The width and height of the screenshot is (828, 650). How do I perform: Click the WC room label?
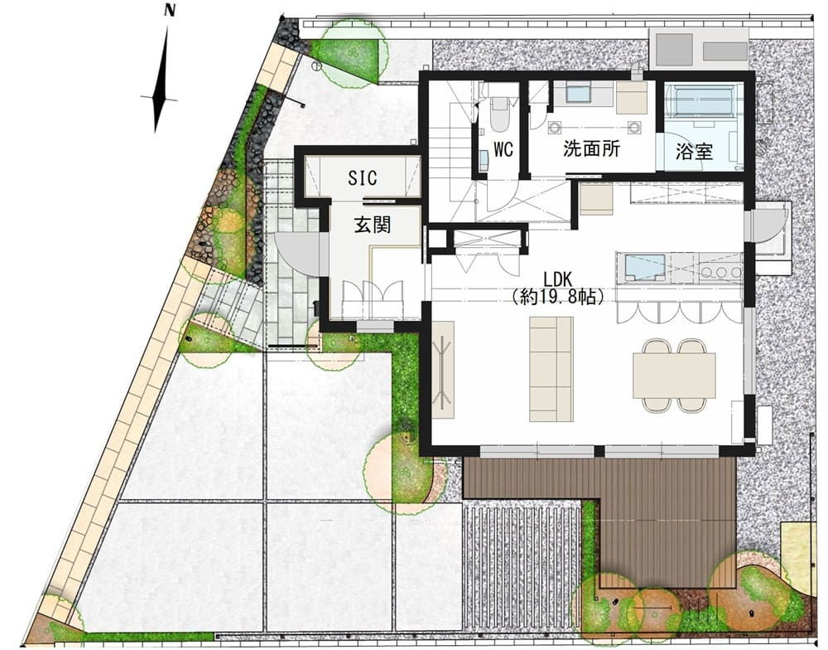point(503,150)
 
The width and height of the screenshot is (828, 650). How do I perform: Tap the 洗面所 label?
point(591,149)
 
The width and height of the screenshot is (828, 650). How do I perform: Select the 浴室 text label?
point(695,153)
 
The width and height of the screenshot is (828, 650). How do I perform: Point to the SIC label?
point(363,177)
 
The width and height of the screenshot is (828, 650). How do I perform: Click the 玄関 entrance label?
point(373,226)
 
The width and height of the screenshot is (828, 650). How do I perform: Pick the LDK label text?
point(557,279)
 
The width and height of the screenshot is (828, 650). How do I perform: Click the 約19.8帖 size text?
point(557,298)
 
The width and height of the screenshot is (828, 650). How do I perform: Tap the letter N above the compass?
point(169,10)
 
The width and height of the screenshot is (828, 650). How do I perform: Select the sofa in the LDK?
point(551,369)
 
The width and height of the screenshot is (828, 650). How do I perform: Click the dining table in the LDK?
point(674,375)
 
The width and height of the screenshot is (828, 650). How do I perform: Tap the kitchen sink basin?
point(644,267)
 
